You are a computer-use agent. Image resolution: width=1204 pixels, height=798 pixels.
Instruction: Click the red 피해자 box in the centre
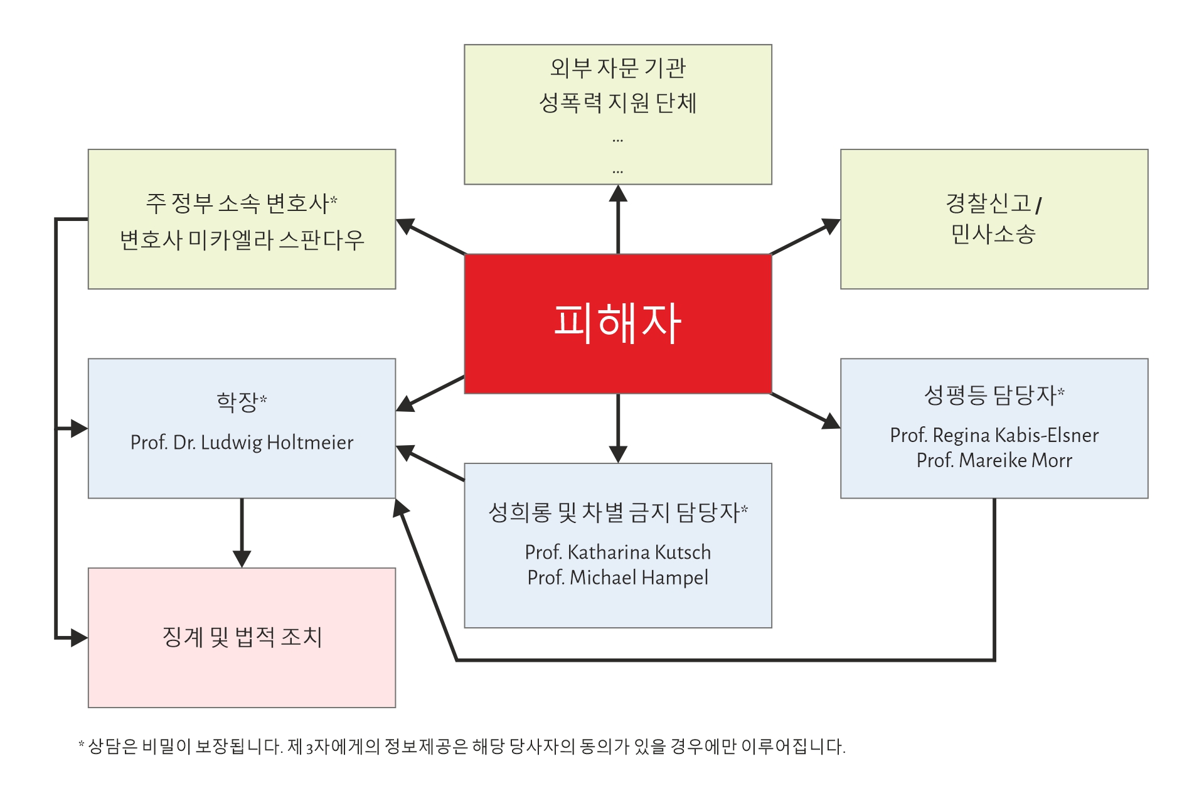[617, 323]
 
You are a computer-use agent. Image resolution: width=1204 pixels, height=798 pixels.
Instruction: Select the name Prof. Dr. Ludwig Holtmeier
[242, 443]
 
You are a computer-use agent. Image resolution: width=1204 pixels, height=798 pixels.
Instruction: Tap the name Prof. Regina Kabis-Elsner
[994, 435]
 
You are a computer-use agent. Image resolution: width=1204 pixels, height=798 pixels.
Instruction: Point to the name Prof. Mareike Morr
[994, 460]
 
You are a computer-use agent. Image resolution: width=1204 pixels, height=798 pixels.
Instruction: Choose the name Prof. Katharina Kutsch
[617, 553]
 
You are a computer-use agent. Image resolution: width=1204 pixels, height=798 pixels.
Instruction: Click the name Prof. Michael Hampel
[617, 578]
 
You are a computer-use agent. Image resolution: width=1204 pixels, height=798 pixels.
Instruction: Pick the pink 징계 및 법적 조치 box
[242, 637]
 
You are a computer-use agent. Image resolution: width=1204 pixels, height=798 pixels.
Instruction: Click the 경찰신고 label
[988, 203]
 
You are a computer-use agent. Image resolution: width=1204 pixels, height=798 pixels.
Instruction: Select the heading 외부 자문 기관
[617, 68]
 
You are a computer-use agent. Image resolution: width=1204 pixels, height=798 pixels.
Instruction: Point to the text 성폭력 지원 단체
[617, 102]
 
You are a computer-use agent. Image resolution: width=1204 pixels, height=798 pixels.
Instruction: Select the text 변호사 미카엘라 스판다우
[242, 240]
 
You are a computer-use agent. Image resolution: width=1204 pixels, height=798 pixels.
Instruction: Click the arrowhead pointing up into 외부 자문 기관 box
[618, 193]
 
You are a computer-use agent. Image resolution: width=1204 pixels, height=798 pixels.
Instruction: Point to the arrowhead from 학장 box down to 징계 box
[242, 559]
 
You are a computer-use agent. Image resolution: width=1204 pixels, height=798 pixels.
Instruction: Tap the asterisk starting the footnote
[82, 745]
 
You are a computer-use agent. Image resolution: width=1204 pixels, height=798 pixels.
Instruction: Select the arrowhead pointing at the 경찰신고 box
[831, 225]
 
